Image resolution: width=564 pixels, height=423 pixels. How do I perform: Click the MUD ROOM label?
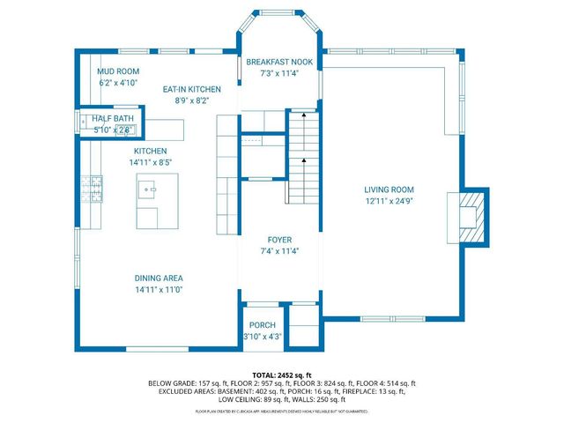[x=117, y=70]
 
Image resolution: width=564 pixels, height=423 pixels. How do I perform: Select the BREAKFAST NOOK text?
[x=279, y=62]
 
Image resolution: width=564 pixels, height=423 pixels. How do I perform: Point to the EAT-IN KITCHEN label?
[x=191, y=89]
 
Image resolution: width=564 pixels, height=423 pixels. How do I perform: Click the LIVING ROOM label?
[x=389, y=189]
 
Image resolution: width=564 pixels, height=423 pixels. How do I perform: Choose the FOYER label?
[x=279, y=240]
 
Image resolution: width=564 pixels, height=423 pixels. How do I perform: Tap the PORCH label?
[x=262, y=325]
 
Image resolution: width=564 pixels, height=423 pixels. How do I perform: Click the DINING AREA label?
[x=159, y=278]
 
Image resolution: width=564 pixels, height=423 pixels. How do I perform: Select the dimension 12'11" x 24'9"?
[x=389, y=201]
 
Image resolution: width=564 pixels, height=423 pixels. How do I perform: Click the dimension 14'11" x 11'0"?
[x=159, y=289]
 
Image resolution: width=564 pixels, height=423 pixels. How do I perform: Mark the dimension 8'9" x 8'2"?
[x=191, y=100]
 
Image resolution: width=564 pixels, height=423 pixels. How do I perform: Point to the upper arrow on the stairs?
[x=303, y=114]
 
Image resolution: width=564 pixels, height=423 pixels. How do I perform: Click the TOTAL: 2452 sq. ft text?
[x=281, y=375]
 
